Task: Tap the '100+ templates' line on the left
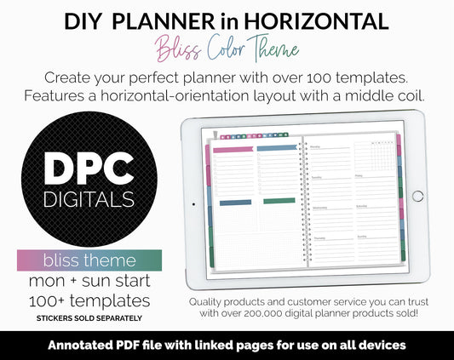(89, 300)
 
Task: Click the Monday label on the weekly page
(315, 146)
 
